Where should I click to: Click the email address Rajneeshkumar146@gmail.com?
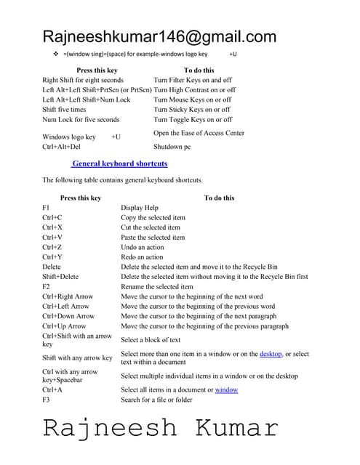coord(159,36)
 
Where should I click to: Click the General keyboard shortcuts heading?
coord(120,163)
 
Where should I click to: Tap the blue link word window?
coord(226,389)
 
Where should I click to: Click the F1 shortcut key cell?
coord(47,208)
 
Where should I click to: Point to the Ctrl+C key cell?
coord(52,217)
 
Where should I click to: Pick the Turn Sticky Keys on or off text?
coord(193,109)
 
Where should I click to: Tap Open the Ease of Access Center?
coord(199,133)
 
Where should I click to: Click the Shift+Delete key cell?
coord(60,277)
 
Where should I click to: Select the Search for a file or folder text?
coord(156,400)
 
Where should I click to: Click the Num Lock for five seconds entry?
coord(81,119)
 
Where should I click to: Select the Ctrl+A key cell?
coord(52,389)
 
